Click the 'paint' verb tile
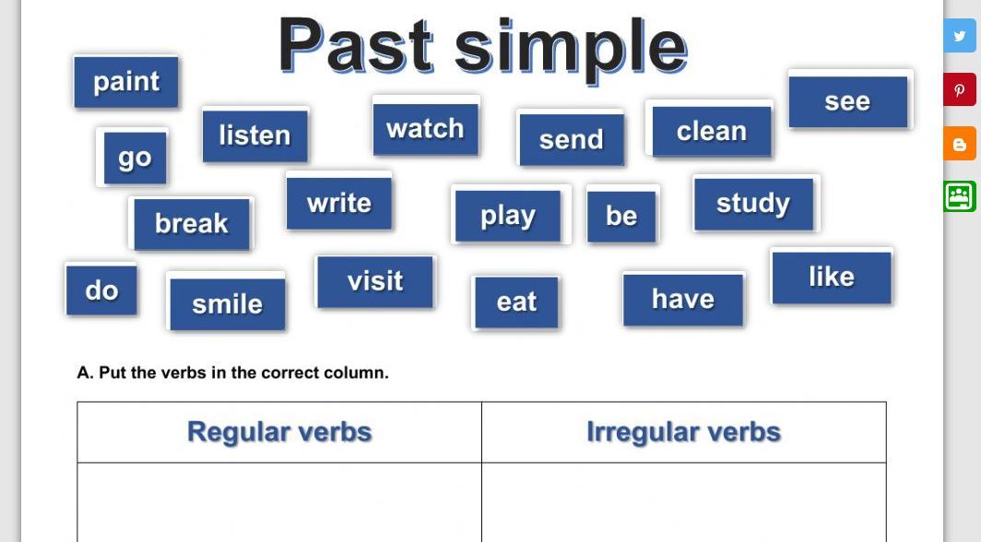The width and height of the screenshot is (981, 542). (126, 82)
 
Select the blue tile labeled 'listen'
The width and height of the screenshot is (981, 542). (255, 135)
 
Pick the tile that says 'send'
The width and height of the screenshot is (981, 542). (572, 139)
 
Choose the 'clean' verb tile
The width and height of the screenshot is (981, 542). (712, 131)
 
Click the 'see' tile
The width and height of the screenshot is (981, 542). (847, 101)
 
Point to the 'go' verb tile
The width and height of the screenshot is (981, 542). (136, 159)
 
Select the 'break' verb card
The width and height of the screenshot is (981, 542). (192, 224)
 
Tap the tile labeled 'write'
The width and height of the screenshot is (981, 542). (339, 203)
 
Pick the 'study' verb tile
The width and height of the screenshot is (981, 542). (754, 204)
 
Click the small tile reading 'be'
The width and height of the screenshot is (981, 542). (621, 217)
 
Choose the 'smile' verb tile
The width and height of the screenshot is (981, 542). (227, 304)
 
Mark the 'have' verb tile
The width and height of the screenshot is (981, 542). (683, 300)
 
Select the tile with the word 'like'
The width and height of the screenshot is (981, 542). (832, 277)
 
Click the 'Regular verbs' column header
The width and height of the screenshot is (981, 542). (279, 432)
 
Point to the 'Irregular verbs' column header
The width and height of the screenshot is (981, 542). (684, 432)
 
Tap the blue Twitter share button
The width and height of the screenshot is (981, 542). (960, 36)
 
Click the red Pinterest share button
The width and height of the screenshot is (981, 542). (960, 89)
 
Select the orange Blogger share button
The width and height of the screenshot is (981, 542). (960, 143)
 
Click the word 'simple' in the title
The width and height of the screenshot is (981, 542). (571, 48)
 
